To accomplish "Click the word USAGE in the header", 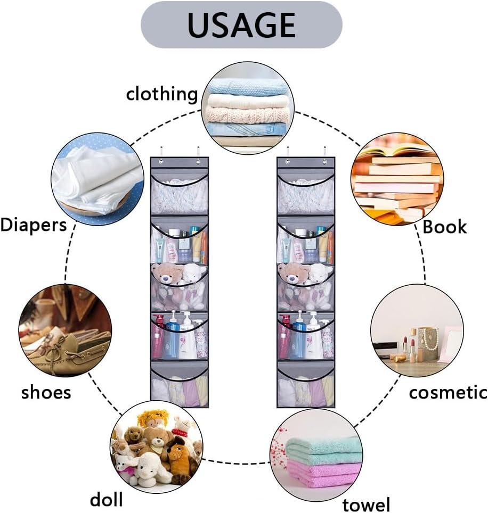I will (x=241, y=24).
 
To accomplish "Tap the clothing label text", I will (x=161, y=94).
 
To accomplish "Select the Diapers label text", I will (x=34, y=224).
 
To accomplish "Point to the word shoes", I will (x=46, y=393).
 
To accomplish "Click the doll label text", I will (x=106, y=499).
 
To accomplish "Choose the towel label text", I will (x=366, y=504).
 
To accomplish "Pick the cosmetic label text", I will (x=448, y=392).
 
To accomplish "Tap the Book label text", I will (x=444, y=227).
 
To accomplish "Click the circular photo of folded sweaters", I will (x=248, y=109).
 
